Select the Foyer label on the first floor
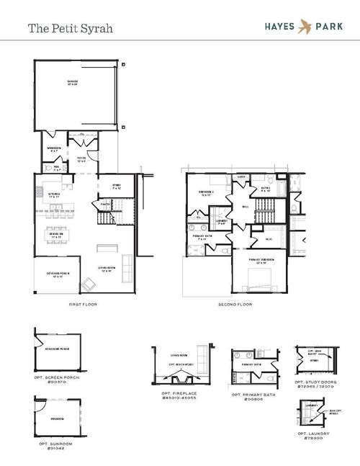(x=81, y=160)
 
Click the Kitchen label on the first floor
(x=55, y=194)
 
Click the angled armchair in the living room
(x=90, y=282)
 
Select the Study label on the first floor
(x=117, y=186)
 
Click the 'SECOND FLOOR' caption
(x=235, y=305)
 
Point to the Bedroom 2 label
(x=207, y=192)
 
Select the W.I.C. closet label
(x=268, y=238)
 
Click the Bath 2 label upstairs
(x=264, y=189)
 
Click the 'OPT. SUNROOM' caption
(x=55, y=444)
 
